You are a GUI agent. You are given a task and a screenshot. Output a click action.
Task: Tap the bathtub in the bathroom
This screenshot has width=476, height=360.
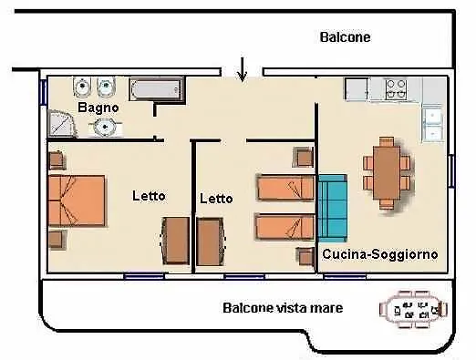pos(156,89)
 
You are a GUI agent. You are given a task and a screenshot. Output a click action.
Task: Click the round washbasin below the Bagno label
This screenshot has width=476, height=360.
pos(106,126)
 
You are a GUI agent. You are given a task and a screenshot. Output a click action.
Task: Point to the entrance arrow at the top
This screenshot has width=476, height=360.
pos(242,68)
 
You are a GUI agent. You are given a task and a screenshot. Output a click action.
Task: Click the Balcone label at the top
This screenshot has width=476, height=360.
pos(345,37)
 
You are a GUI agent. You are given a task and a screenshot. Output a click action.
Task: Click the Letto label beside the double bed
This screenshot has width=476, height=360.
pos(149,195)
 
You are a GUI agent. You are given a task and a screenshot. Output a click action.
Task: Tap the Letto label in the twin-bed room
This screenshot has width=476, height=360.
pos(216,198)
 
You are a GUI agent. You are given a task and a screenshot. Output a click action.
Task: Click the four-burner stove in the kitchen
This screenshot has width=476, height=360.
pos(396,88)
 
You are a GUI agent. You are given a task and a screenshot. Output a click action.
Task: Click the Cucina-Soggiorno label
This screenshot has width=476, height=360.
pos(380,254)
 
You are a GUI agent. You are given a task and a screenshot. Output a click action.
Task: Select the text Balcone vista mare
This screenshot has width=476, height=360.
pos(283,308)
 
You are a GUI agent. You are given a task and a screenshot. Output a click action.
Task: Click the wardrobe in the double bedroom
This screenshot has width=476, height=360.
pos(175,241)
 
